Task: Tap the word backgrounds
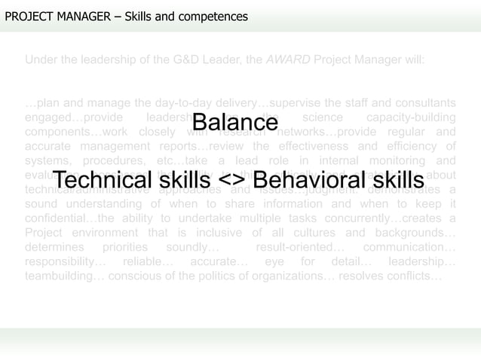[x=418, y=233]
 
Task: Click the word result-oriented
[x=301, y=247]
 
